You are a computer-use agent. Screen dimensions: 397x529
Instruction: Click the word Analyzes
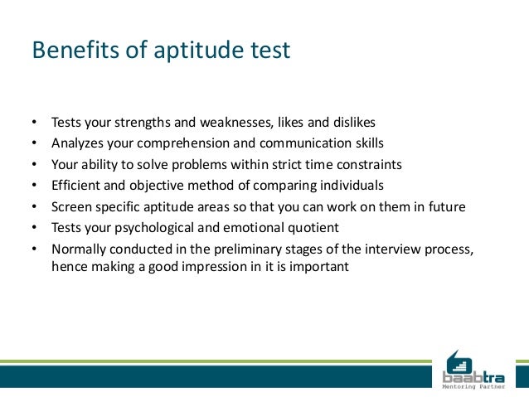click(x=77, y=143)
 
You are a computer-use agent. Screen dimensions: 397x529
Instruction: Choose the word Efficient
click(x=76, y=184)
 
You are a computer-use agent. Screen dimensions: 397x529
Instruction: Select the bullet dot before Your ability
click(x=34, y=164)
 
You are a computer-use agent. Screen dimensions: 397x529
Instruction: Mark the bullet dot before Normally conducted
click(x=34, y=248)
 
